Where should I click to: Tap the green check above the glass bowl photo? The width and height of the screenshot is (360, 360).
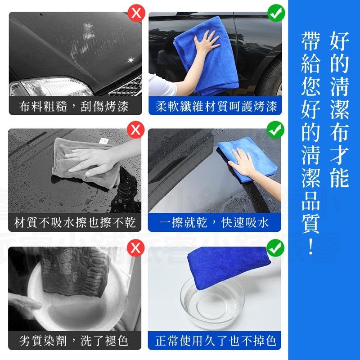pos(275,247)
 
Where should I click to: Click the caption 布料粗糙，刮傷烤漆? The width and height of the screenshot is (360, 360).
pos(74,107)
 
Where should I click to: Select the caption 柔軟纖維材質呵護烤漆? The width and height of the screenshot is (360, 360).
pos(215,107)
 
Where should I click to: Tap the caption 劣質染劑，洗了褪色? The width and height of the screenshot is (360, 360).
pos(74,340)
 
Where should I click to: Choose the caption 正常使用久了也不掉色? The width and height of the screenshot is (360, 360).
pos(215,340)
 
